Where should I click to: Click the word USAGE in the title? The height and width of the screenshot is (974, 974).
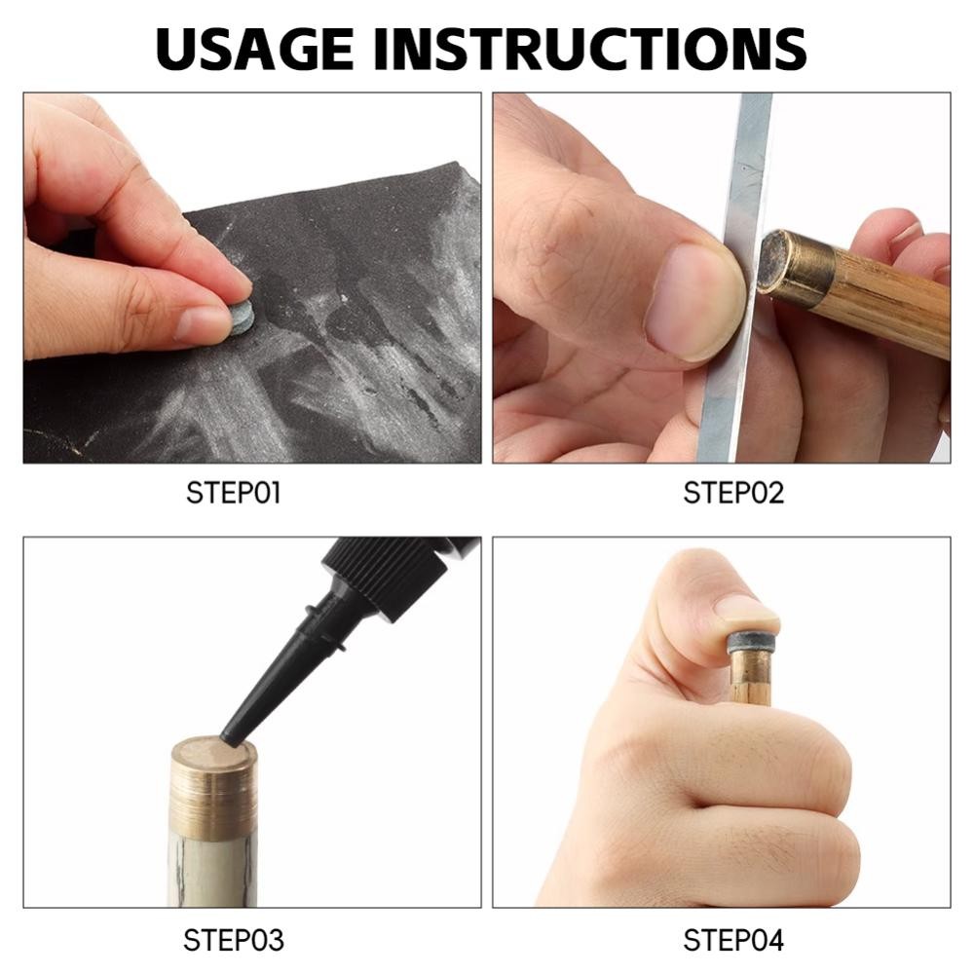click(254, 49)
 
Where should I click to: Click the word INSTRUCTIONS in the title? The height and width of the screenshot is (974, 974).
click(589, 49)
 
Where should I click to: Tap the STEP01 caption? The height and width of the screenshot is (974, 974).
click(234, 493)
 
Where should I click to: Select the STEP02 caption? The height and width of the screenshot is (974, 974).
click(733, 493)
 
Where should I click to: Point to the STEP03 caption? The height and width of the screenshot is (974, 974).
click(234, 940)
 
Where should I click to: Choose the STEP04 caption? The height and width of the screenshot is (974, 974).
click(733, 940)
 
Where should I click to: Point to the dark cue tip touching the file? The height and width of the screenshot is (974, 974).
click(768, 261)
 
